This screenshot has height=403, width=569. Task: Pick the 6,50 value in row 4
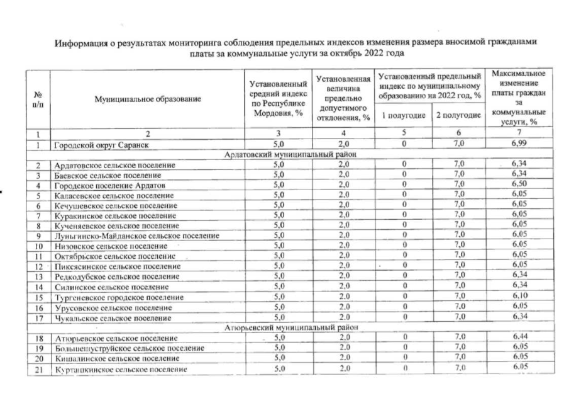click(519, 185)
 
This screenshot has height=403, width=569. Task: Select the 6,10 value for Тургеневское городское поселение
click(519, 297)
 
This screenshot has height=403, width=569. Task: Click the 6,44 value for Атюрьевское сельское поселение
click(519, 338)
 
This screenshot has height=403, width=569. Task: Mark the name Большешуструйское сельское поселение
click(128, 348)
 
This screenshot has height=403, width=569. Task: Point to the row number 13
click(38, 276)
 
